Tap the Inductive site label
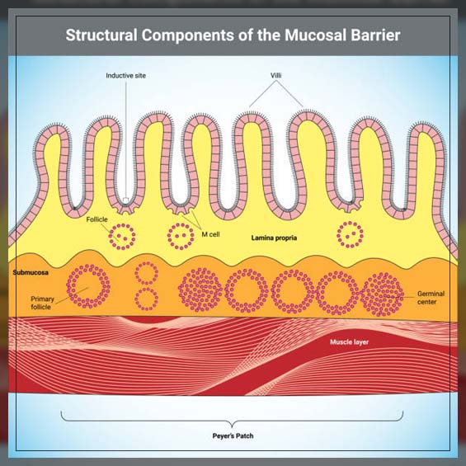(x=126, y=76)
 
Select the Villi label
(x=279, y=76)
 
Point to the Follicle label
(x=97, y=219)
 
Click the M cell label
(x=210, y=234)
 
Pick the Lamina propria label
(x=275, y=238)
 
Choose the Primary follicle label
(x=43, y=304)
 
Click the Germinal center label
(x=431, y=297)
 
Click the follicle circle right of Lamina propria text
(x=350, y=235)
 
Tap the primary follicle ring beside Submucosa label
(x=89, y=285)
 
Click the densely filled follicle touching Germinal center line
(x=382, y=293)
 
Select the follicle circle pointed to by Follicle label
(x=124, y=236)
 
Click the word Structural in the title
(x=101, y=36)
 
